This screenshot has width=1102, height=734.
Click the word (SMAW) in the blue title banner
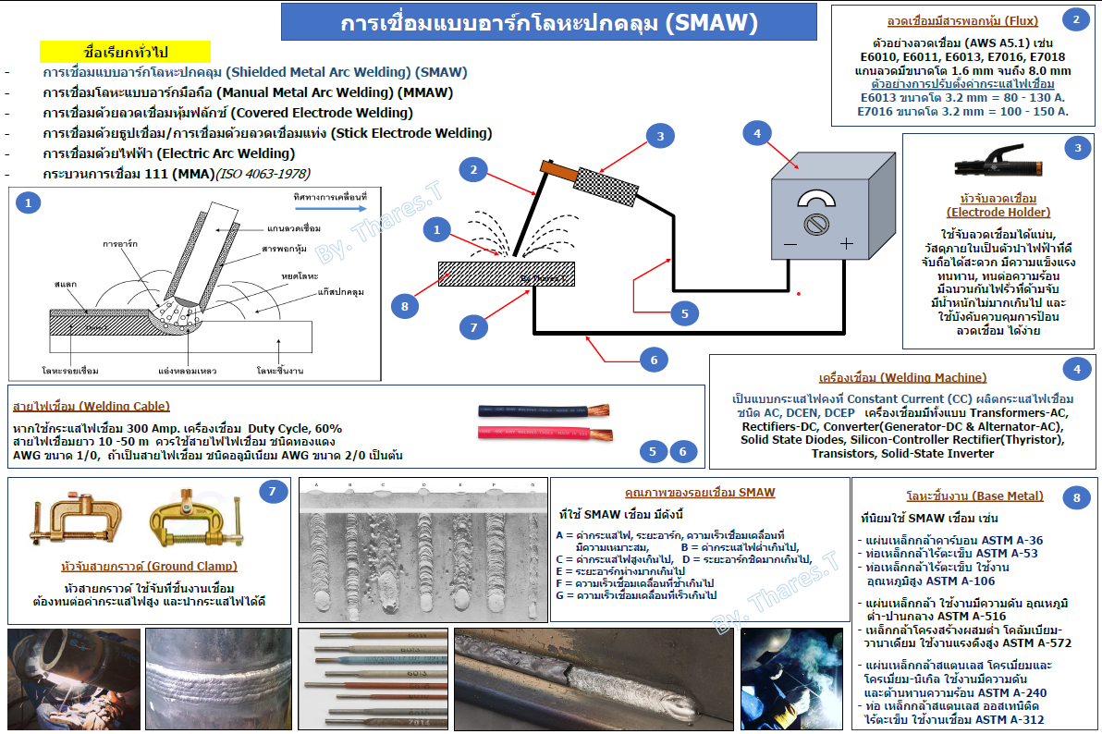tap(712, 22)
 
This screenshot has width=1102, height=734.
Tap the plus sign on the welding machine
tap(846, 244)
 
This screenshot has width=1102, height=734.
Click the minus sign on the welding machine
tap(790, 244)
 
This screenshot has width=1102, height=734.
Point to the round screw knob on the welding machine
tap(816, 224)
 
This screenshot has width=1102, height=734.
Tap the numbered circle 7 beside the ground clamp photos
tap(272, 493)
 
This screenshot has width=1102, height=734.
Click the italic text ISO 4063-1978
tap(263, 174)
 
